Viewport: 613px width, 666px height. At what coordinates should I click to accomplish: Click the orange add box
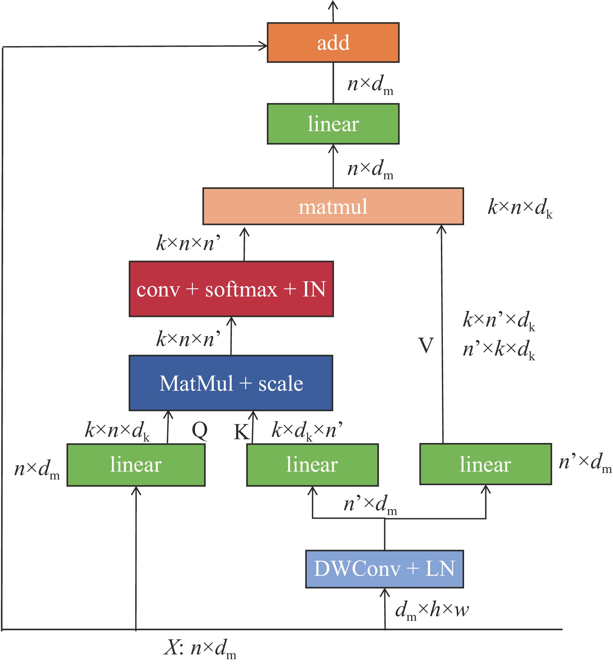coord(333,43)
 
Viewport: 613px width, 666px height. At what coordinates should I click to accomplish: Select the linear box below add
coord(333,124)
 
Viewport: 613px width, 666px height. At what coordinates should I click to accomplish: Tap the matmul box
coord(333,206)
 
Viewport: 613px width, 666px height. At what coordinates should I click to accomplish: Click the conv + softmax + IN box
coord(231,289)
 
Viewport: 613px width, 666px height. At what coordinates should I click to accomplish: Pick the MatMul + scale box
coord(231,383)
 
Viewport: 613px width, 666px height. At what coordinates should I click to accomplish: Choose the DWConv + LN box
coord(384,569)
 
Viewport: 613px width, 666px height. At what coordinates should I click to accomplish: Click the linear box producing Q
coord(136,464)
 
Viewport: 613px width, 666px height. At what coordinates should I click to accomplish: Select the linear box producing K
coord(312,464)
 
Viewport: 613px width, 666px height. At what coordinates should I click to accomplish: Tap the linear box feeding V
coord(485,464)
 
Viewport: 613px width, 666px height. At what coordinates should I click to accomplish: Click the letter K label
coord(241,432)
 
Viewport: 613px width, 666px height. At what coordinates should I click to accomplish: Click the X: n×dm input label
coord(200,648)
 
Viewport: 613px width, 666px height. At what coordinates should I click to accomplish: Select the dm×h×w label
coord(432,610)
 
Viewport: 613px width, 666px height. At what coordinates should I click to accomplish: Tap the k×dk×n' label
coord(307,430)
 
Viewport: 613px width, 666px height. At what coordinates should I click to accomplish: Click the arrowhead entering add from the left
coord(263,46)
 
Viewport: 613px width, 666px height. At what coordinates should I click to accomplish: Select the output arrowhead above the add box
coord(333,5)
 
